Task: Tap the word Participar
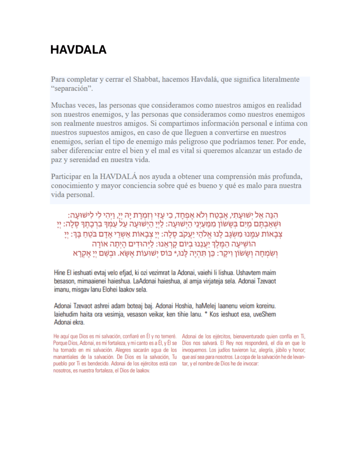(68, 177)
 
